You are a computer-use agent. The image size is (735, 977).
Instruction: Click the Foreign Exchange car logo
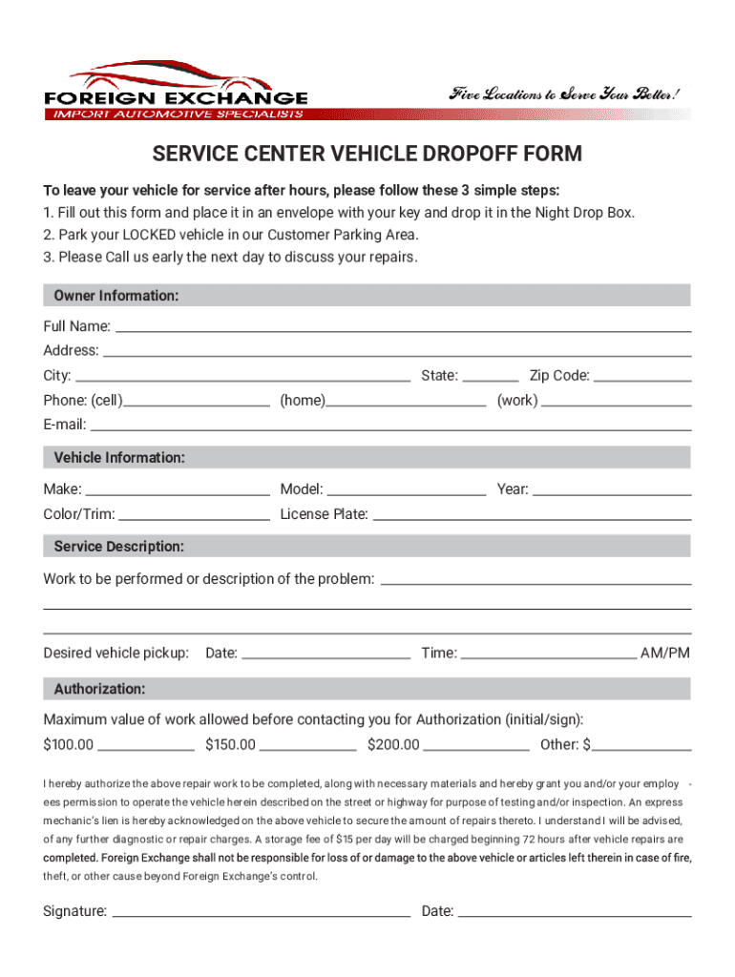tap(176, 92)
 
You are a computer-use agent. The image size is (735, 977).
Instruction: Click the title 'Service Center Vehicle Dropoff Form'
tap(367, 155)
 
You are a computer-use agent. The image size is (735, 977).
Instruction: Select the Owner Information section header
tap(367, 296)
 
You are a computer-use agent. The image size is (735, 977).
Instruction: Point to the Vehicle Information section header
tap(367, 458)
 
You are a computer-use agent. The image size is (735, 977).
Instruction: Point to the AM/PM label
tap(665, 654)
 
